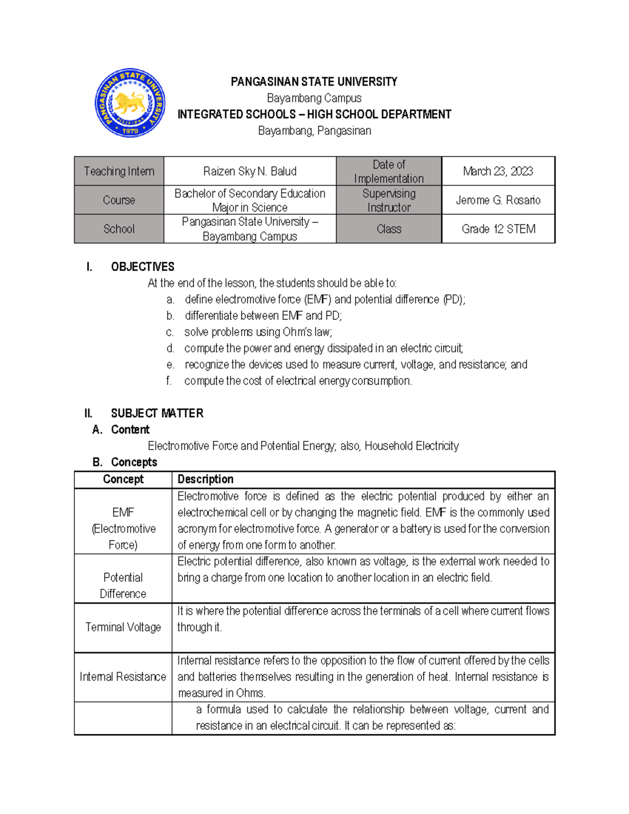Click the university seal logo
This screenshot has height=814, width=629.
tap(130, 103)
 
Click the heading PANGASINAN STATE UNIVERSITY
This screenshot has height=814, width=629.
tap(314, 82)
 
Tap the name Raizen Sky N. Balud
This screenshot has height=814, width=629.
tap(250, 171)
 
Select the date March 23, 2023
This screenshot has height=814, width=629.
tap(498, 171)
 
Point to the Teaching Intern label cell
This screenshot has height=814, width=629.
tap(119, 171)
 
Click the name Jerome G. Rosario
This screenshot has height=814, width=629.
tap(498, 200)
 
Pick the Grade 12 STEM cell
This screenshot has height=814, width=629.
tap(498, 229)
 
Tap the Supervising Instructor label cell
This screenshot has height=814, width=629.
tap(388, 200)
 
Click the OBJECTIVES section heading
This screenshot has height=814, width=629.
tap(143, 267)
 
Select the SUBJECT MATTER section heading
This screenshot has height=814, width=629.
tap(157, 414)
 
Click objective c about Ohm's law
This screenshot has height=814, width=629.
tap(258, 332)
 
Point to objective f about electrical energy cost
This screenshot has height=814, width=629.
tap(298, 381)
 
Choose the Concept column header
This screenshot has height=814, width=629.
tap(123, 480)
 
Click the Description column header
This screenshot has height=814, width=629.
tap(205, 480)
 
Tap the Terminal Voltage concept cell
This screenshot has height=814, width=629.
tap(123, 627)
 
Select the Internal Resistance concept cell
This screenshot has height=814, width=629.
tap(123, 677)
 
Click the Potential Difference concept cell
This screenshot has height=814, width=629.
tap(123, 585)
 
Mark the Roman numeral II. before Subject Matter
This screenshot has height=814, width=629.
tap(88, 414)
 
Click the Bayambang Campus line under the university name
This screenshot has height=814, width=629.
tap(314, 98)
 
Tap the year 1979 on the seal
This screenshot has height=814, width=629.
tap(130, 131)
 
